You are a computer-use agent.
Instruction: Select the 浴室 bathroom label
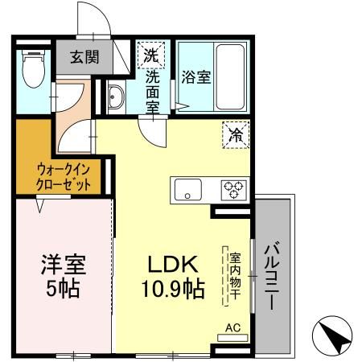coord(196,78)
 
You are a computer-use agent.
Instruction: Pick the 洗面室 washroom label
coord(151,89)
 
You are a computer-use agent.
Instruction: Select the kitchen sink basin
coord(190,191)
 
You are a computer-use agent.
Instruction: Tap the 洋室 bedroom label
coord(64,265)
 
